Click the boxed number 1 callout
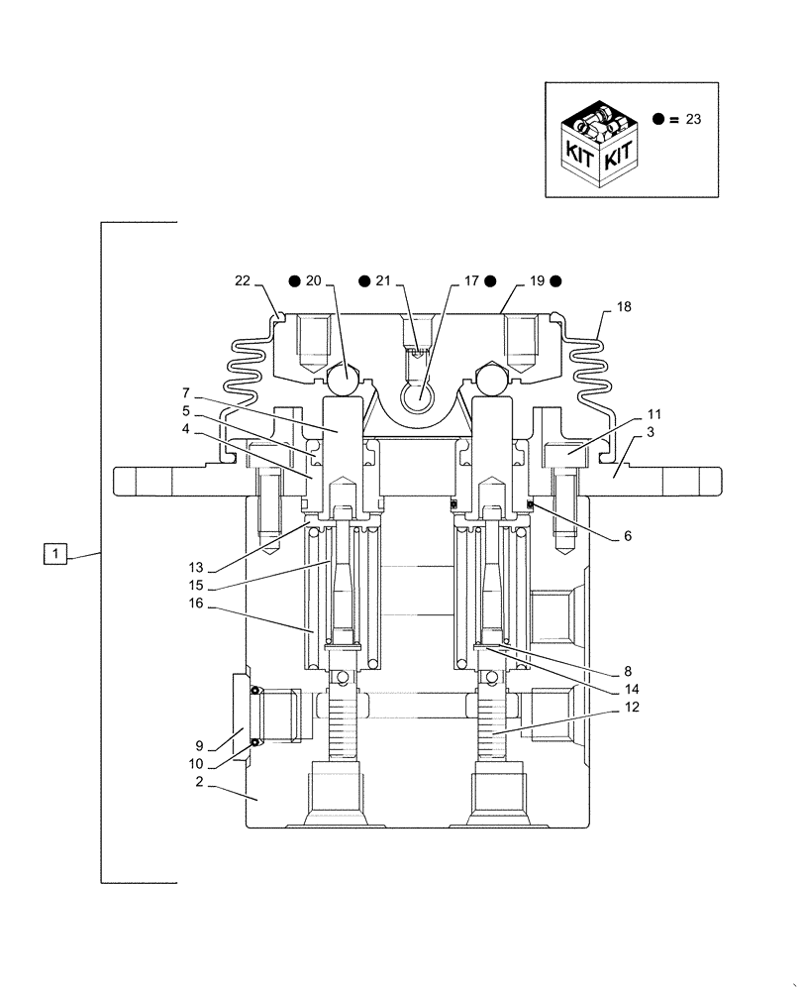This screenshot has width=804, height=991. [x=55, y=554]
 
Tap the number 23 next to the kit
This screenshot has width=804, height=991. [x=693, y=119]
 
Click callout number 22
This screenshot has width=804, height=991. [x=243, y=281]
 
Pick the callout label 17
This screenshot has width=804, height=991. [x=471, y=281]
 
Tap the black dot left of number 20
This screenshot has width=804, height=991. [x=294, y=281]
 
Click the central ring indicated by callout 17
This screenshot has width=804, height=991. [x=417, y=396]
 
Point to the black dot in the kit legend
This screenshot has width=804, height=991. [x=658, y=119]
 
